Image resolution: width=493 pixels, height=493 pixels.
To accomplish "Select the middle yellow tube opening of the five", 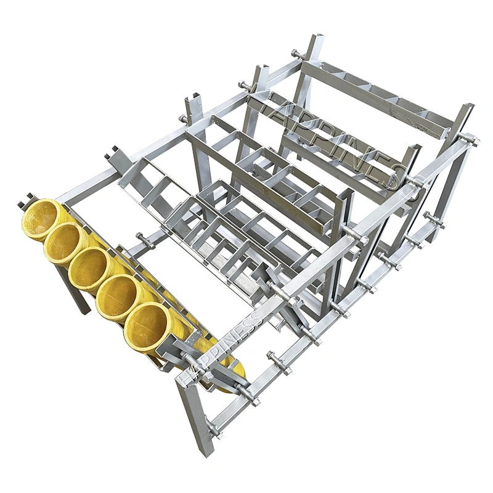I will coord(89,269).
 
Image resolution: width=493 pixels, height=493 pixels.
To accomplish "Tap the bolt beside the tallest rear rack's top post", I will coord(297,55).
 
